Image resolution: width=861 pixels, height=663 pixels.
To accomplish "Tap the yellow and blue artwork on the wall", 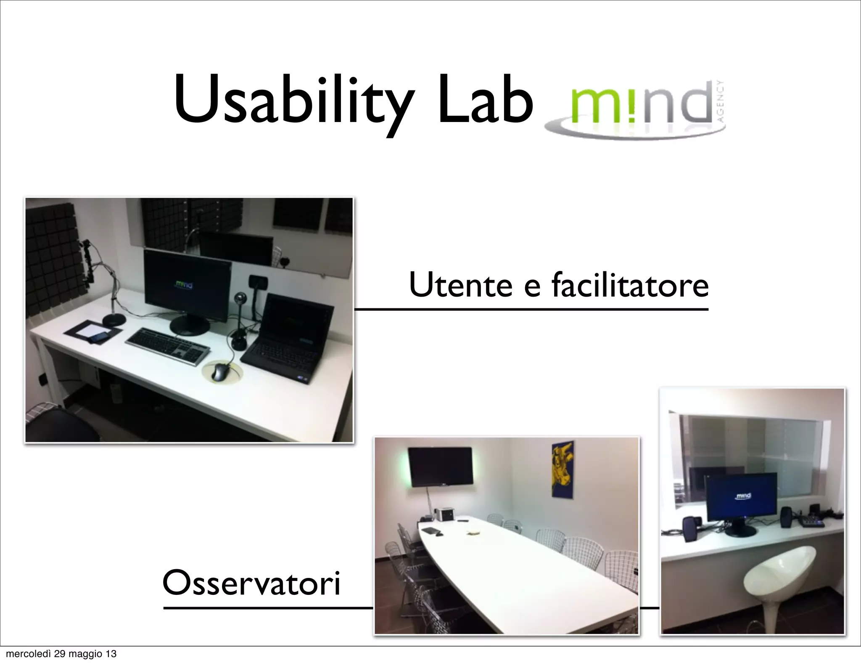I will [x=563, y=469].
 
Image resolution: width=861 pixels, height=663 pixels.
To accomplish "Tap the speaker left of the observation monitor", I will [x=689, y=528].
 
